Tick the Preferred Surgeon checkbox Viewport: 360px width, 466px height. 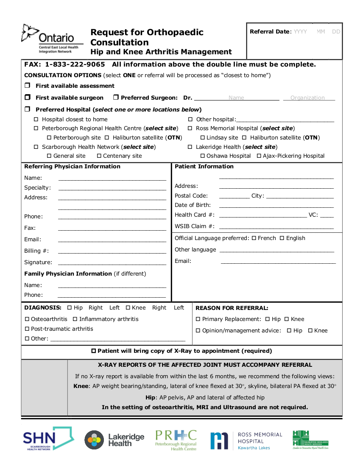click(x=116, y=98)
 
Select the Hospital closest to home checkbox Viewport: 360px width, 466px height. click(x=36, y=119)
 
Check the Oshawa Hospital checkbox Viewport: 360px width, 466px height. click(x=202, y=156)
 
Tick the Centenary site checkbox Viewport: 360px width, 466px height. click(x=99, y=156)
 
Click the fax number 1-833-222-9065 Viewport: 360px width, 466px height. click(x=75, y=64)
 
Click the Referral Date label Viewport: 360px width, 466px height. click(x=269, y=32)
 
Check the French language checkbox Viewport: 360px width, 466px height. click(x=254, y=238)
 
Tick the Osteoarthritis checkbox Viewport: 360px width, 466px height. click(x=27, y=319)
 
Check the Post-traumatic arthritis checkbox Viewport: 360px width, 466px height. click(x=27, y=329)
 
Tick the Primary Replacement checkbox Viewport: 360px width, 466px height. click(x=198, y=319)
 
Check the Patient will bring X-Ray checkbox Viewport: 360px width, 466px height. click(x=94, y=351)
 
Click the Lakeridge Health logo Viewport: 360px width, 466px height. click(x=114, y=440)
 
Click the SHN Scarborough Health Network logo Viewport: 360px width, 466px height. click(x=48, y=439)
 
